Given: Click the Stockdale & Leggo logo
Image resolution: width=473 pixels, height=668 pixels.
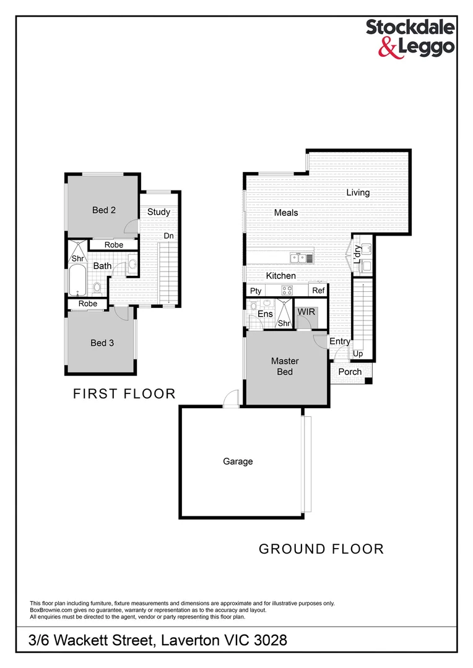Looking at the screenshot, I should tap(410, 37).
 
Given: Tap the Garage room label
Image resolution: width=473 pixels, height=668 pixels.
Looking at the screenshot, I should tap(238, 461).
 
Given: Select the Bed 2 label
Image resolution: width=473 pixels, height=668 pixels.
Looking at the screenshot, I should tap(104, 210).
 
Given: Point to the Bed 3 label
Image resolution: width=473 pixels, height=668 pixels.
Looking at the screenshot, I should tap(102, 343).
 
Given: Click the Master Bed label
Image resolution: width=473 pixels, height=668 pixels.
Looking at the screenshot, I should tap(285, 366).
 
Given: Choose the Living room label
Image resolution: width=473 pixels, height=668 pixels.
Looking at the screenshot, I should tap(358, 193).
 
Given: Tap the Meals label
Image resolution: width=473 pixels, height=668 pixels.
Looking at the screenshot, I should tap(286, 213).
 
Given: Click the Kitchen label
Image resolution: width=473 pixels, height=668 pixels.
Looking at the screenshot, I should tap(281, 276).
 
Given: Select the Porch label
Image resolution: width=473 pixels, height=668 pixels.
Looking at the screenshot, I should tap(350, 372).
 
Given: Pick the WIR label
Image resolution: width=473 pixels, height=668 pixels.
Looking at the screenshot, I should tap(306, 312).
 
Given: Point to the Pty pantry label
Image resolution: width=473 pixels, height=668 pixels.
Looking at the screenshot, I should tap(255, 291).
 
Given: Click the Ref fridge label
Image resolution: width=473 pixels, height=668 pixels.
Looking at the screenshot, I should tap(318, 291).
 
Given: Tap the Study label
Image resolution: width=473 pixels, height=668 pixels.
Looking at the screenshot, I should tap(158, 212).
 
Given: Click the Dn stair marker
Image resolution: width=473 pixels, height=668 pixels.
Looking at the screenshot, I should tap(168, 236).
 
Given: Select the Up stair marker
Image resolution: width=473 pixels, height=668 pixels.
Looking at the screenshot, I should tap(358, 354).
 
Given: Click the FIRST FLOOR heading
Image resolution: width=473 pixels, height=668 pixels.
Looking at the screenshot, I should tap(124, 394).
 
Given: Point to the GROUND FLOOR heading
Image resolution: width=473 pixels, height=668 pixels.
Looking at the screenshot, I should tap(321, 549).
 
